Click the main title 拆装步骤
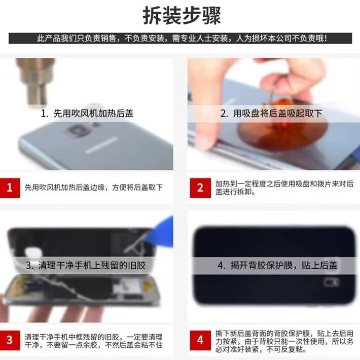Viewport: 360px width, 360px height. coord(182,16)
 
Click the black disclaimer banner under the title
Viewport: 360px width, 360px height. coord(180,39)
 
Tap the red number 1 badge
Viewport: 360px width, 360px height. coord(10,188)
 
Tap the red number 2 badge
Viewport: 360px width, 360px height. coord(200,188)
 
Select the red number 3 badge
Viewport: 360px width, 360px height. coord(10,340)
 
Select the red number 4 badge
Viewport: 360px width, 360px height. coord(200,340)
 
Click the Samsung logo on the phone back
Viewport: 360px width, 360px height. coord(101,145)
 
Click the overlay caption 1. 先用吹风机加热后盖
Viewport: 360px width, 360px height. coord(87,114)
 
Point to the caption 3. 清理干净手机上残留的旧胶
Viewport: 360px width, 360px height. coord(86,265)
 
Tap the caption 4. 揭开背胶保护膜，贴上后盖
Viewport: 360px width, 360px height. coord(277,265)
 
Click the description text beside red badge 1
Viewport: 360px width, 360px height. coord(94,188)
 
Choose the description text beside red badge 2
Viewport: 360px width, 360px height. coord(284,188)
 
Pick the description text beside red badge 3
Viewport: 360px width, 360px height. coord(94,341)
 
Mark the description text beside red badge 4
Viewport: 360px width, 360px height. coord(284,341)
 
